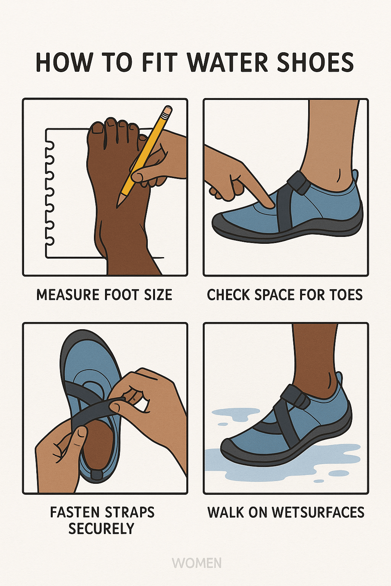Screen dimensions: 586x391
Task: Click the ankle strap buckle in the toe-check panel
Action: tap(299, 183)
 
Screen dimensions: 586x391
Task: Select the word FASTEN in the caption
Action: tap(73, 512)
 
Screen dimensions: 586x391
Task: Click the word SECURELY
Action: tap(101, 529)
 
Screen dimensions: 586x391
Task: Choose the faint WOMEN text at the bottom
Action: tap(197, 563)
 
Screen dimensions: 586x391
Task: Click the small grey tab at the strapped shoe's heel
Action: tap(97, 475)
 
